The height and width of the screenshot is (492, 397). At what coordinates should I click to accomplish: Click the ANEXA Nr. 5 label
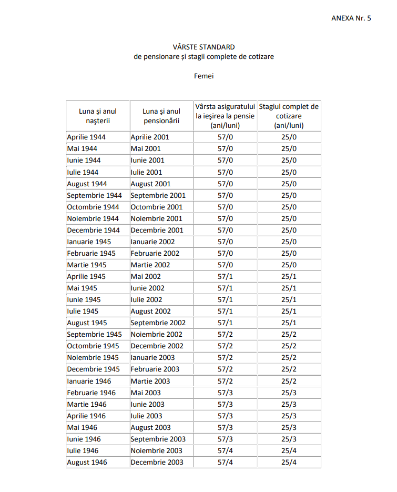[x=351, y=18]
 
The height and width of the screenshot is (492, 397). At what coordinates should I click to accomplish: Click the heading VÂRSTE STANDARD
[x=204, y=47]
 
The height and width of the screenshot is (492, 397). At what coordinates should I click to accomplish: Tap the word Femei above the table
[x=203, y=76]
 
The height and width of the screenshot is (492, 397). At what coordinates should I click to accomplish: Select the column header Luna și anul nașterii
[x=98, y=116]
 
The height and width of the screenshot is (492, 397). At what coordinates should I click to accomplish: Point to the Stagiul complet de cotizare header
[x=289, y=116]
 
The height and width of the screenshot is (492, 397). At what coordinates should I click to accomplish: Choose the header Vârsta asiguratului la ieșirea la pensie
[x=225, y=116]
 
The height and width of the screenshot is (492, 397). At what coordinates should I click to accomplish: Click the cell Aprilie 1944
[x=86, y=137]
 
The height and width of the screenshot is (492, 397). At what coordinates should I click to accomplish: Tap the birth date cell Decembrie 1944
[x=93, y=230]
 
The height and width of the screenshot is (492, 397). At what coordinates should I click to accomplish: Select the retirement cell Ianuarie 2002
[x=153, y=242]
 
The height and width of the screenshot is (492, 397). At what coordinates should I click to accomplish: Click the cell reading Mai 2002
[x=146, y=276]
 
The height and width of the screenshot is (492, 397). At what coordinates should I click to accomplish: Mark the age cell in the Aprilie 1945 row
[x=225, y=276]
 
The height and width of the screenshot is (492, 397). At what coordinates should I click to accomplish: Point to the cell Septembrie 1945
[x=94, y=334]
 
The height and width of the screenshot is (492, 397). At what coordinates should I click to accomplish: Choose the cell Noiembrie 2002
[x=157, y=334]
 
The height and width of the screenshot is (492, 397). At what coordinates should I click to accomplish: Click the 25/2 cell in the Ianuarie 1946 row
[x=289, y=381]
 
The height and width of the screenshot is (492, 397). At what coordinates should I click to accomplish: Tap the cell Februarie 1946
[x=91, y=393]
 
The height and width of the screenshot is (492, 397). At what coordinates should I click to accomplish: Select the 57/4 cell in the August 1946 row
[x=225, y=462]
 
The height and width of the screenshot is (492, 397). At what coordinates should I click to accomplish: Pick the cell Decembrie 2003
[x=157, y=462]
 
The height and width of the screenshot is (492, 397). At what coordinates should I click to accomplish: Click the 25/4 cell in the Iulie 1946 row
[x=289, y=450]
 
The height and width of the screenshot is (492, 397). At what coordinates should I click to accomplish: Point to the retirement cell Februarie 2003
[x=155, y=369]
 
